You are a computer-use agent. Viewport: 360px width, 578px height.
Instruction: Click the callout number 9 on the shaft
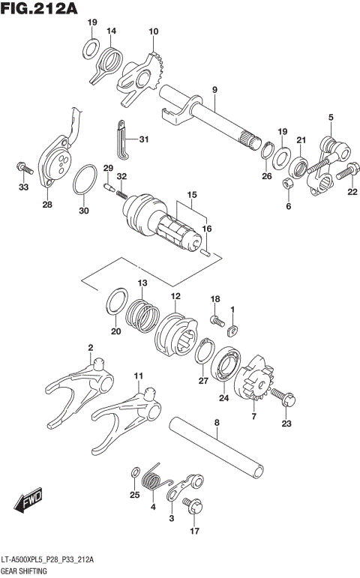click(x=214, y=90)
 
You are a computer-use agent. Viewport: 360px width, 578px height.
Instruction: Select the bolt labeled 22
click(x=344, y=173)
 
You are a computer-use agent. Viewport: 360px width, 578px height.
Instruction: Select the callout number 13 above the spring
click(x=141, y=282)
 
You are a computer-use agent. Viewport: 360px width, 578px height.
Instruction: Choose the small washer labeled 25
click(x=135, y=472)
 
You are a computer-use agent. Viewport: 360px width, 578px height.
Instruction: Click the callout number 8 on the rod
click(x=217, y=423)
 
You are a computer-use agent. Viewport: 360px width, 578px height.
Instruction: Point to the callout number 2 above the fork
click(x=90, y=347)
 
